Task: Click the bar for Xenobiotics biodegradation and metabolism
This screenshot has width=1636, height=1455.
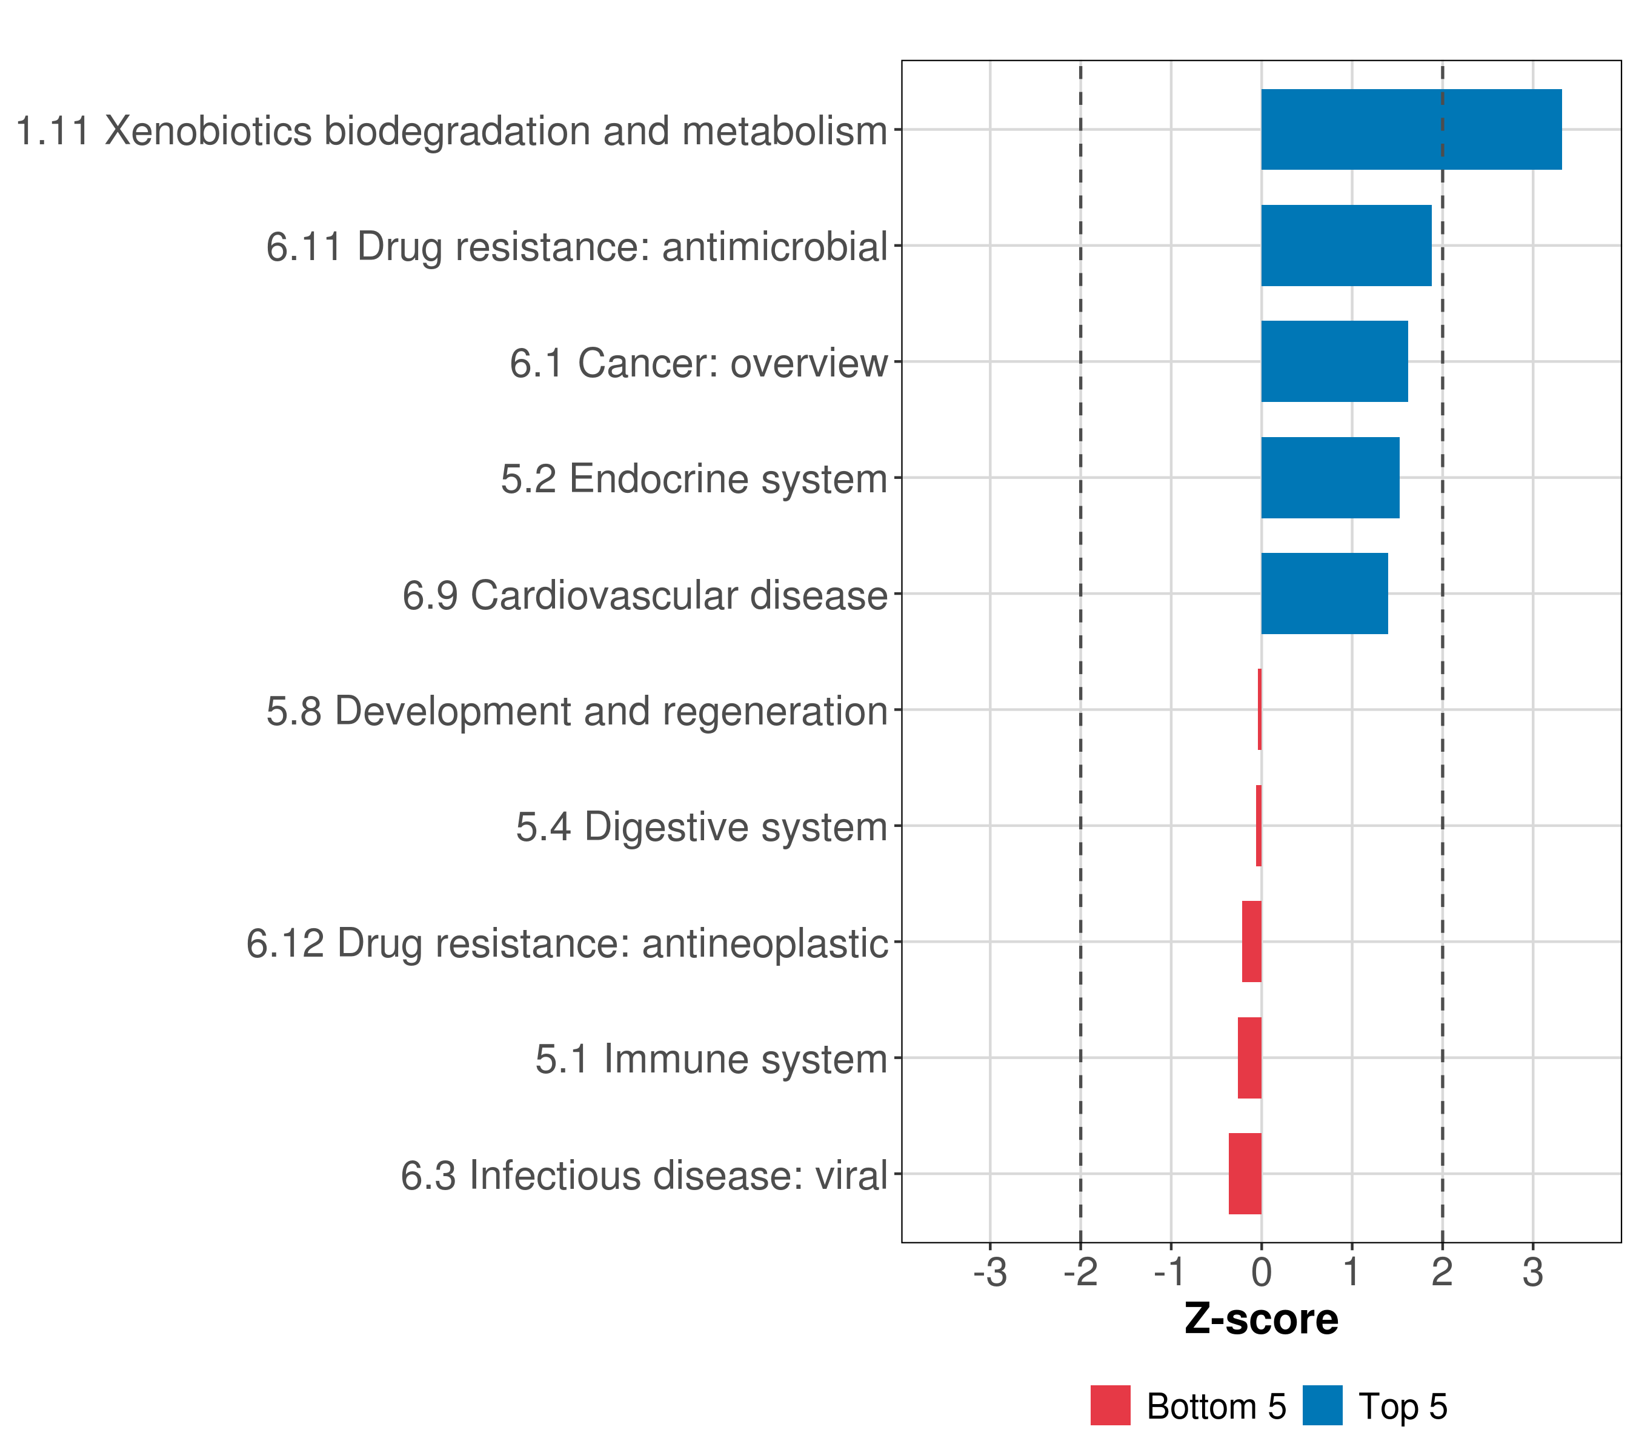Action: [x=1410, y=130]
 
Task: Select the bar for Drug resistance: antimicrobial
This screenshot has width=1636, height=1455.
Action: [x=1345, y=246]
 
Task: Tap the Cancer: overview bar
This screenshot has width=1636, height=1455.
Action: [x=1334, y=361]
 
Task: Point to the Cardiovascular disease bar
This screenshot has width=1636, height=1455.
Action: [x=1324, y=594]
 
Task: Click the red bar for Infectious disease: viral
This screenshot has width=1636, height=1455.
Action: [x=1245, y=1173]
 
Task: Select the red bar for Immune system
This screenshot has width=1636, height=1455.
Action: [x=1249, y=1057]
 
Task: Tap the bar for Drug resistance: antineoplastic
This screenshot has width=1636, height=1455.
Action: [x=1251, y=941]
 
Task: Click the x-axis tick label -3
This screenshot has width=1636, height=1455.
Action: [x=990, y=1273]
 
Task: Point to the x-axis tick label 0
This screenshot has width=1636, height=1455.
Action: [x=1262, y=1273]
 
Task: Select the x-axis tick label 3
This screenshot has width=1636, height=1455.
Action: [x=1532, y=1273]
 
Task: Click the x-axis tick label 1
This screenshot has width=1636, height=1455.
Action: [x=1352, y=1273]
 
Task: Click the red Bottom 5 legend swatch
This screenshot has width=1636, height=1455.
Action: [x=1110, y=1405]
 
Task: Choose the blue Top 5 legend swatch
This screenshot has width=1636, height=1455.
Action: [x=1322, y=1405]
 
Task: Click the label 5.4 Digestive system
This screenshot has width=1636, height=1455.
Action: [x=701, y=826]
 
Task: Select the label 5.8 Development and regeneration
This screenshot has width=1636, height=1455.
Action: [x=577, y=711]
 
